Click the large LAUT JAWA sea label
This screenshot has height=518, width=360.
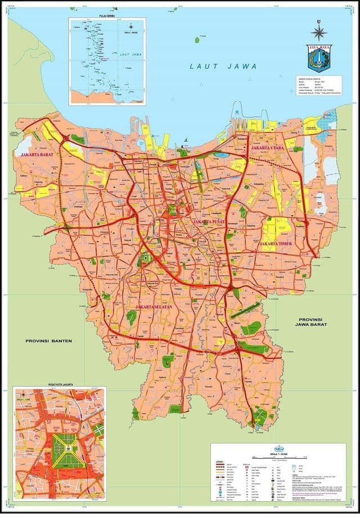[x=223, y=66]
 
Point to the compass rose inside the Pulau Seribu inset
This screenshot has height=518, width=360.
[x=130, y=27]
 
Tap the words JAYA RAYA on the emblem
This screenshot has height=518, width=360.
[x=319, y=48]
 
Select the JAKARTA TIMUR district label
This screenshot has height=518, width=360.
[x=276, y=244]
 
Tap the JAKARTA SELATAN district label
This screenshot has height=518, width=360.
[x=154, y=306]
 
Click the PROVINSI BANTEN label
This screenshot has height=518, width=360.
[x=48, y=341]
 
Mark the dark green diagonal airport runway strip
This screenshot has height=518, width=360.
[x=245, y=309]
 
